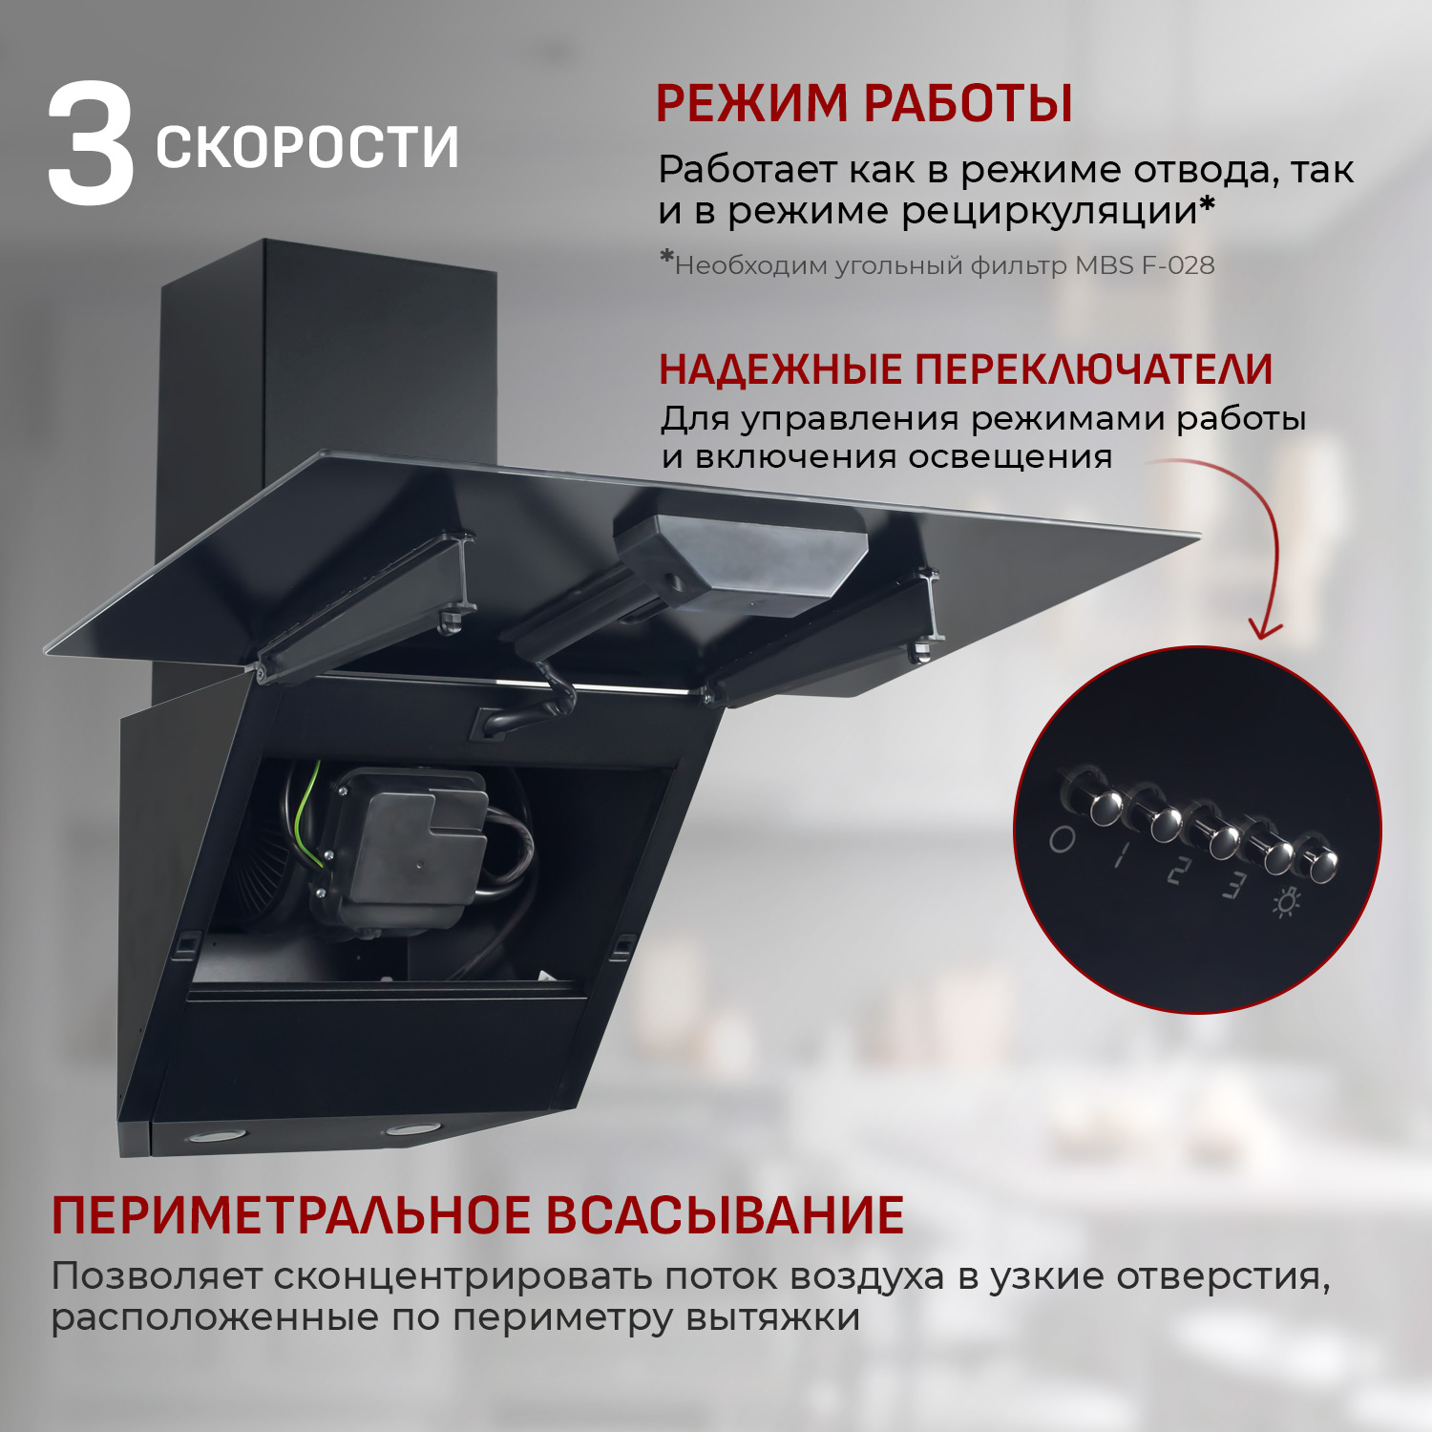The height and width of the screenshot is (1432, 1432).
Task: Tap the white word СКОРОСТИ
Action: (x=307, y=148)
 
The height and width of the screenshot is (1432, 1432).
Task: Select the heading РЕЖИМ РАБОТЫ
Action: (x=864, y=103)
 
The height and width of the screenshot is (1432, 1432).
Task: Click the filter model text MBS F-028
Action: (x=1145, y=265)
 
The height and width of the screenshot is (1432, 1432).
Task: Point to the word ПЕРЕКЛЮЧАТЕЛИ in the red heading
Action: (x=1094, y=369)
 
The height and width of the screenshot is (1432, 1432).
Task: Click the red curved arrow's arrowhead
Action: (x=1265, y=630)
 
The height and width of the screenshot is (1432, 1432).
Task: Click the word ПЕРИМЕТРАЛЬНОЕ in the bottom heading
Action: (x=291, y=1215)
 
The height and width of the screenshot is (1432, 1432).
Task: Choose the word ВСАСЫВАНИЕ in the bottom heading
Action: (x=725, y=1215)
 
